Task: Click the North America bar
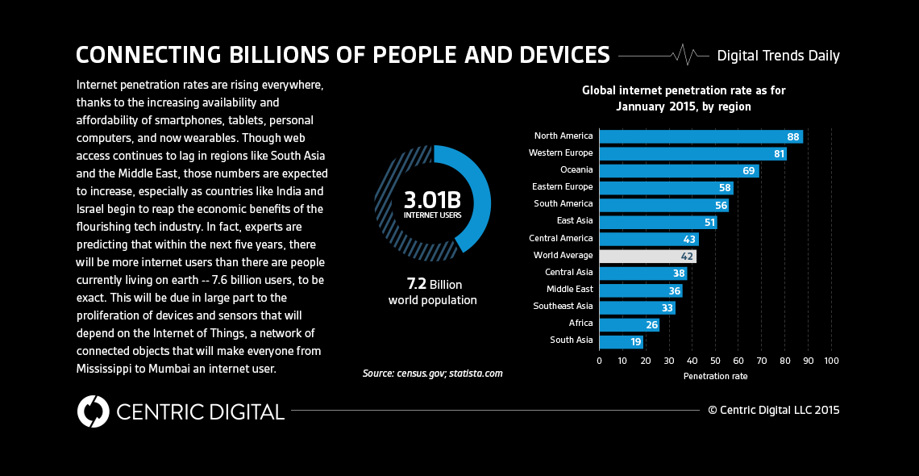tap(700, 136)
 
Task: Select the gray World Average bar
tap(647, 256)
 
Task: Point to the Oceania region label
tap(576, 170)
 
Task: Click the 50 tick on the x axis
tap(715, 361)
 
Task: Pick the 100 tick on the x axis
tap(831, 361)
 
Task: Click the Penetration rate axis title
tap(715, 376)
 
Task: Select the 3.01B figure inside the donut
tap(432, 198)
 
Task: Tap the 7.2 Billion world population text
tap(433, 292)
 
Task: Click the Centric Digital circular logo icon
tap(93, 411)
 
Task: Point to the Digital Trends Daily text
tap(778, 56)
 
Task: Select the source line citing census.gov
tap(432, 374)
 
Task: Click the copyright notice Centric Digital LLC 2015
tap(773, 410)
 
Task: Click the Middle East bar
tap(640, 290)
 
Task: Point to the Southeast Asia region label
tap(563, 307)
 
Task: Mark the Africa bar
tap(628, 324)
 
